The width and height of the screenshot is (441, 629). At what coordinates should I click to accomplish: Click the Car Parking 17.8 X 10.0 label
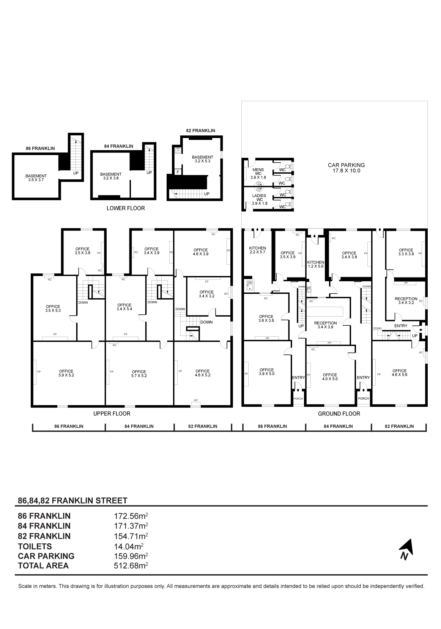click(346, 168)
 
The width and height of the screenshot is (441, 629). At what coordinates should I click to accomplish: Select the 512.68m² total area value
click(131, 566)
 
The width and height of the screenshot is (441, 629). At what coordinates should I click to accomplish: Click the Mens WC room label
click(258, 173)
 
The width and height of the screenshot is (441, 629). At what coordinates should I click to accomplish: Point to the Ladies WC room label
click(259, 199)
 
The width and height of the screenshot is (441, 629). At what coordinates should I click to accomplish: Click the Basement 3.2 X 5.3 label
click(202, 159)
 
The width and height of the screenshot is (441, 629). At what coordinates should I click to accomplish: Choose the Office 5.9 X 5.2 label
click(66, 373)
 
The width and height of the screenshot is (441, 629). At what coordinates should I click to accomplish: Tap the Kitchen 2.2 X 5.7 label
click(257, 250)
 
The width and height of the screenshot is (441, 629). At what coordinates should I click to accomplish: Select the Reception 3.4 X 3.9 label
click(326, 325)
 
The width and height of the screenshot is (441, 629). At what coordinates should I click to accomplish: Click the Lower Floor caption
click(126, 208)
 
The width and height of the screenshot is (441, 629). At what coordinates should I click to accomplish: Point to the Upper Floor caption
click(112, 414)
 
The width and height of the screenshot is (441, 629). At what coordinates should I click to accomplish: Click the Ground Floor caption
click(339, 414)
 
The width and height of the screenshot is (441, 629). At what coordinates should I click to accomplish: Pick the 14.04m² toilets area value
click(129, 546)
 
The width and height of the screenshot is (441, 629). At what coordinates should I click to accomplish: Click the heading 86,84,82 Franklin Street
click(72, 500)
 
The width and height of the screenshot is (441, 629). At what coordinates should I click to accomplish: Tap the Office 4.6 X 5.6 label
click(399, 373)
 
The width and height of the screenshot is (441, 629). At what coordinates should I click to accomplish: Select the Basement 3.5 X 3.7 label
click(36, 178)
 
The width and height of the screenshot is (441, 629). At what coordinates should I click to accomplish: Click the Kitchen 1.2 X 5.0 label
click(316, 264)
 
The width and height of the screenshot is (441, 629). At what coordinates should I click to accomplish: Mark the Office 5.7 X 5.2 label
click(139, 373)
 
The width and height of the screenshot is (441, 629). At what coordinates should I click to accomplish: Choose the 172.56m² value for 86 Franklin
click(131, 516)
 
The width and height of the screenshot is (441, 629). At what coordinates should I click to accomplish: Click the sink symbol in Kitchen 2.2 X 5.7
click(250, 285)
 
